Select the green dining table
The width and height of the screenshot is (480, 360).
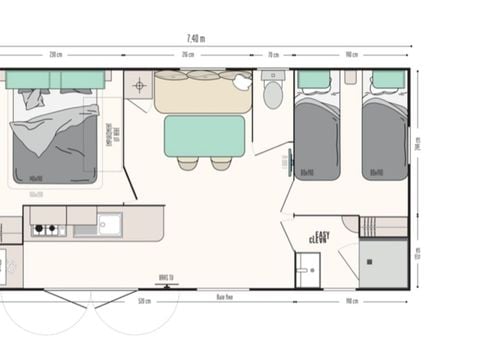point(205,135)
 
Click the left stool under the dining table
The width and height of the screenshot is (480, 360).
point(188,163)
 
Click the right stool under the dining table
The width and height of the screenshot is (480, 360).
point(221,163)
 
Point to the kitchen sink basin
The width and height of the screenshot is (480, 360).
point(108,223)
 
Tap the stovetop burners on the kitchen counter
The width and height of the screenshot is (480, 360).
point(45,229)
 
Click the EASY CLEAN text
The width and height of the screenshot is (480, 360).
point(319,238)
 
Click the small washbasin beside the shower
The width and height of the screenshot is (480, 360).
point(307,268)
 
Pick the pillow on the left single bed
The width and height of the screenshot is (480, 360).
point(315,80)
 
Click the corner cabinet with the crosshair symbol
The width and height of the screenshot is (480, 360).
point(138,85)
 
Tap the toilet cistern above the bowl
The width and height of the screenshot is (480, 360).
point(273,75)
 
